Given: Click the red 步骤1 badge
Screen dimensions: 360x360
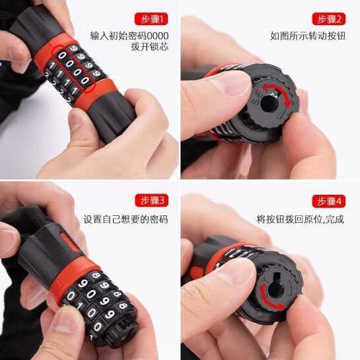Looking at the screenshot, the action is pyautogui.click(x=151, y=19).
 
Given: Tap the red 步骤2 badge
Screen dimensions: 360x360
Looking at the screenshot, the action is pyautogui.click(x=329, y=19).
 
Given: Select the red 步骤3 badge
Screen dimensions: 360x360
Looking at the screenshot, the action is pyautogui.click(x=151, y=200).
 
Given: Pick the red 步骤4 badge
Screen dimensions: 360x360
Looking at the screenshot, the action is pyautogui.click(x=329, y=201).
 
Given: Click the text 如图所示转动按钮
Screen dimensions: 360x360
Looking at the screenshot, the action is pyautogui.click(x=308, y=36).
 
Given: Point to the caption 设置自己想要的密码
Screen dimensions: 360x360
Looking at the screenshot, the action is pyautogui.click(x=126, y=219).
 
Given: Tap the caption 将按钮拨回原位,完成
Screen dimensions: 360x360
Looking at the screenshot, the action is pyautogui.click(x=301, y=219).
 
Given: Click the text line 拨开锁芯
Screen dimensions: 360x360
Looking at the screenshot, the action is pyautogui.click(x=150, y=47).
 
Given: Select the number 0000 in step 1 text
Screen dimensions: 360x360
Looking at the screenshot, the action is pyautogui.click(x=157, y=36).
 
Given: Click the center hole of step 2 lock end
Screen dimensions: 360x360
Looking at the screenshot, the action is pyautogui.click(x=268, y=104).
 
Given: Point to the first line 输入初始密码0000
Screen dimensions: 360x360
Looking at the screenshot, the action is pyautogui.click(x=129, y=36).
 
